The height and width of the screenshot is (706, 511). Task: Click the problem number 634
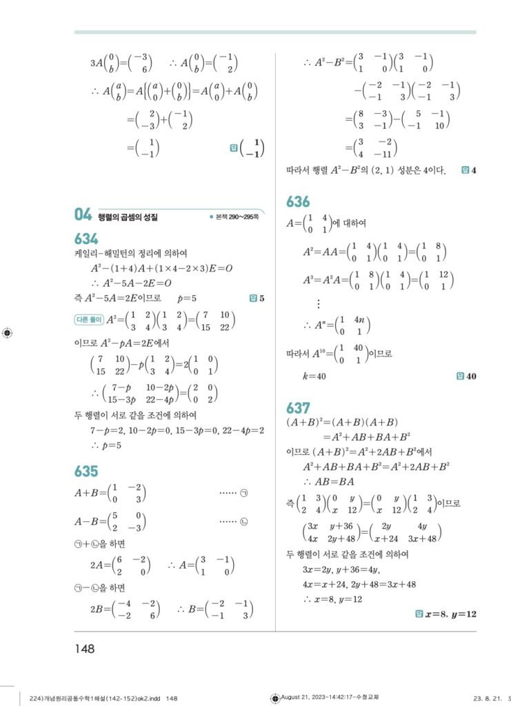click(x=86, y=239)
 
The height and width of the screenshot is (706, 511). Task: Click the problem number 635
click(x=86, y=472)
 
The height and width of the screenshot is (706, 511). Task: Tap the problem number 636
click(x=298, y=202)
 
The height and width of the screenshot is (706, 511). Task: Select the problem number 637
click(x=298, y=407)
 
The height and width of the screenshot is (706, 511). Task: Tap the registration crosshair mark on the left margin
click(x=8, y=333)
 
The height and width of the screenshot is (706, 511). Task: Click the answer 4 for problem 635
click(x=474, y=170)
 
